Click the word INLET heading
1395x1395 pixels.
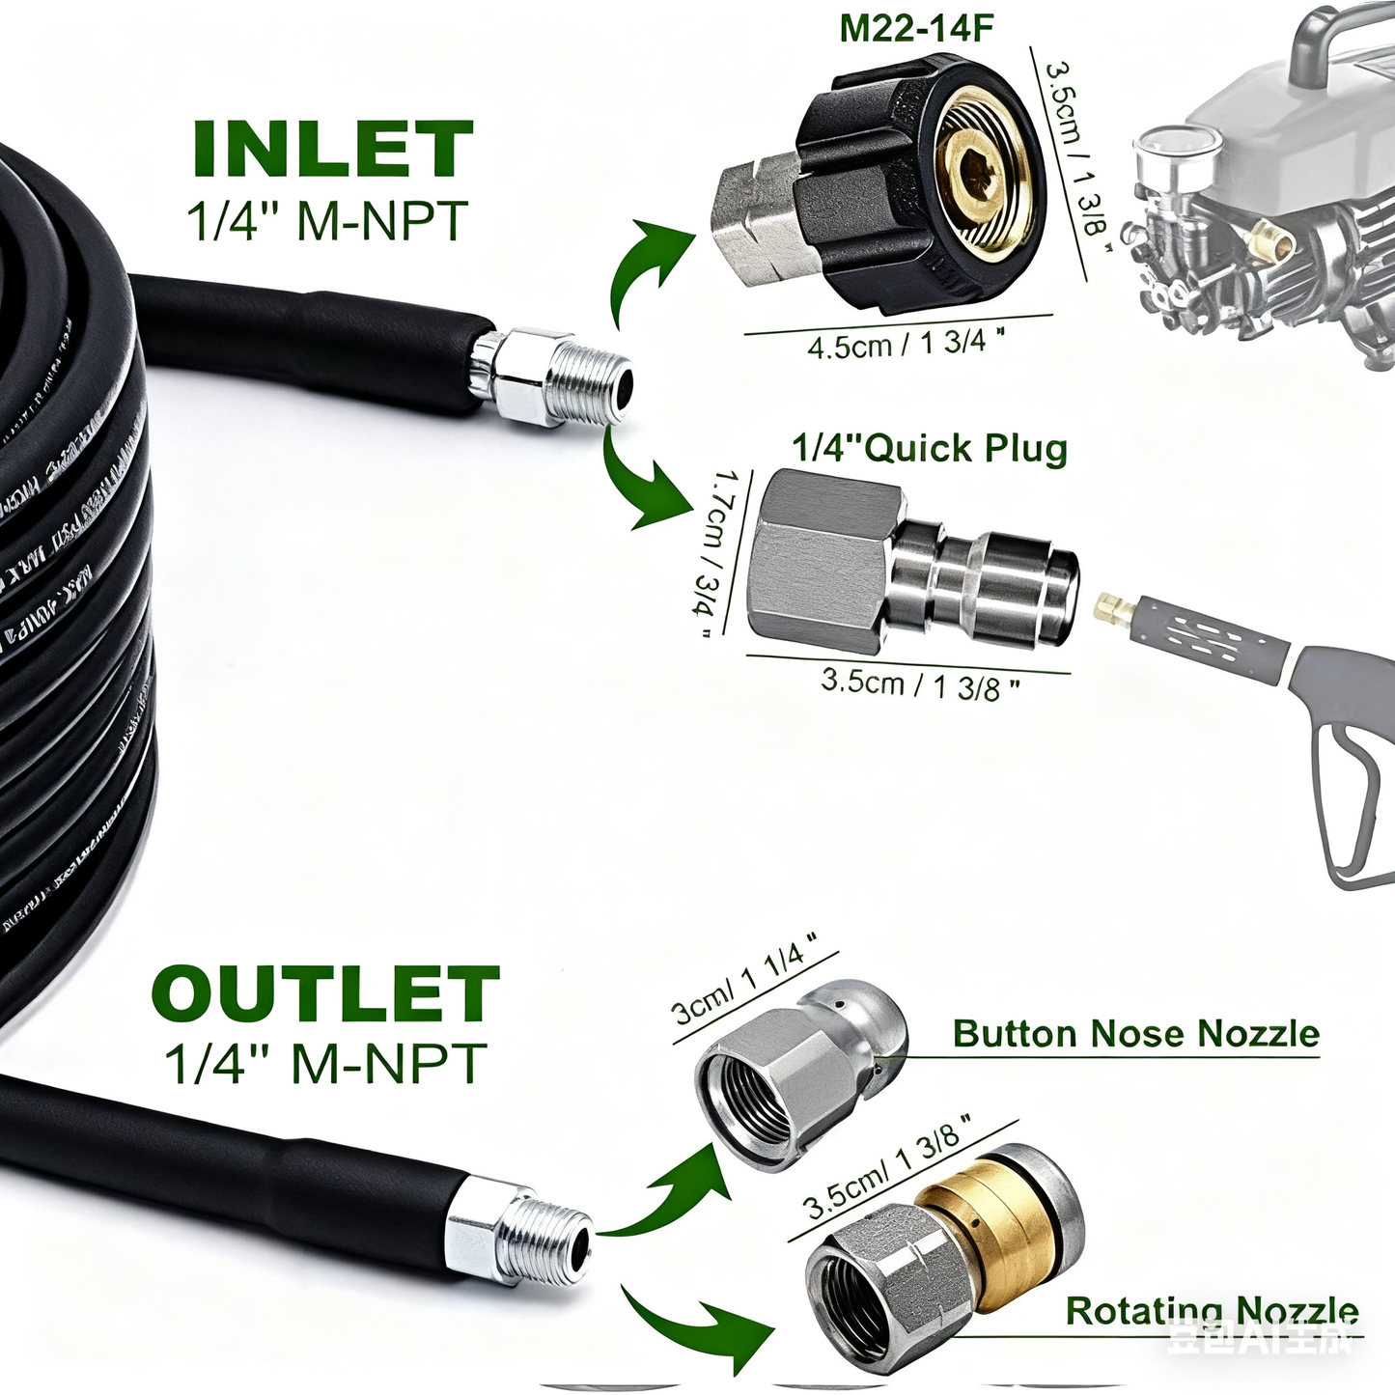[x=333, y=150]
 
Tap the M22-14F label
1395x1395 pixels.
[x=915, y=28]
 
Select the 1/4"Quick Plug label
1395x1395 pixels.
[x=930, y=449]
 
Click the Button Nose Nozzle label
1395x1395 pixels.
[x=1135, y=1034]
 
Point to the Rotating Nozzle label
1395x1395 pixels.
[x=1212, y=1311]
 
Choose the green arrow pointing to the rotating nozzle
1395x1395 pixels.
[x=695, y=1327]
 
